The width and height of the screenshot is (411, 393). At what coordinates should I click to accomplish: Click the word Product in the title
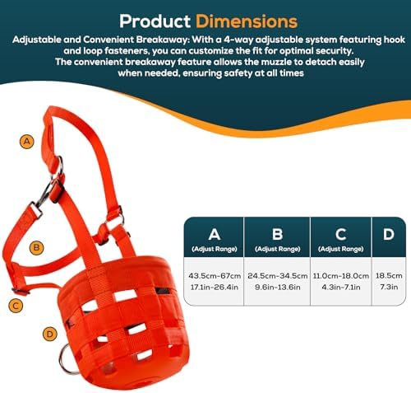click(155, 21)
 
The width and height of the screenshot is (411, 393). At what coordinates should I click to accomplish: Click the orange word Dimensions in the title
click(247, 21)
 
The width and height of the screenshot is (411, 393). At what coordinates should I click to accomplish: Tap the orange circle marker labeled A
click(27, 142)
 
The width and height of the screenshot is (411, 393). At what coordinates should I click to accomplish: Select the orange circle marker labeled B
click(36, 248)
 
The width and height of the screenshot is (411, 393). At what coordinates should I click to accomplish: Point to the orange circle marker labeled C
click(16, 306)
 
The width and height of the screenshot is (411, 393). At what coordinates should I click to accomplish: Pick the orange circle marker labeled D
click(50, 335)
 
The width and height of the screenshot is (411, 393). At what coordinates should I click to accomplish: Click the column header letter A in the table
click(215, 234)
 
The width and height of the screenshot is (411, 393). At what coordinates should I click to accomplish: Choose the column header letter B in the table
click(277, 234)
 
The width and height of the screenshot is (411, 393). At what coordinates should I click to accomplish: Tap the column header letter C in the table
click(341, 234)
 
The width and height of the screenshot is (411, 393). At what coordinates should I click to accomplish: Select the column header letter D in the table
click(389, 234)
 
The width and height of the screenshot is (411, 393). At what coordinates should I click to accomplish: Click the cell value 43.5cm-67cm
click(215, 276)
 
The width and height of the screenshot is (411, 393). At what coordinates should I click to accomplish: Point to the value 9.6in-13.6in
click(278, 288)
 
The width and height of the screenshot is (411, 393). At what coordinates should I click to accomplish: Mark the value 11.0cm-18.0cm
click(341, 276)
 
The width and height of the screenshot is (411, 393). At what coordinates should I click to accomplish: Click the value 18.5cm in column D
click(389, 276)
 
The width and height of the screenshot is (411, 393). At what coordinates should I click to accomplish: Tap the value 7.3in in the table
click(389, 287)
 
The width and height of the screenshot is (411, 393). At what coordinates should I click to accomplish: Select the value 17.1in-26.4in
click(215, 288)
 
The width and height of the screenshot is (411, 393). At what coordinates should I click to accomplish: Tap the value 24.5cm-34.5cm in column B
click(278, 276)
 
